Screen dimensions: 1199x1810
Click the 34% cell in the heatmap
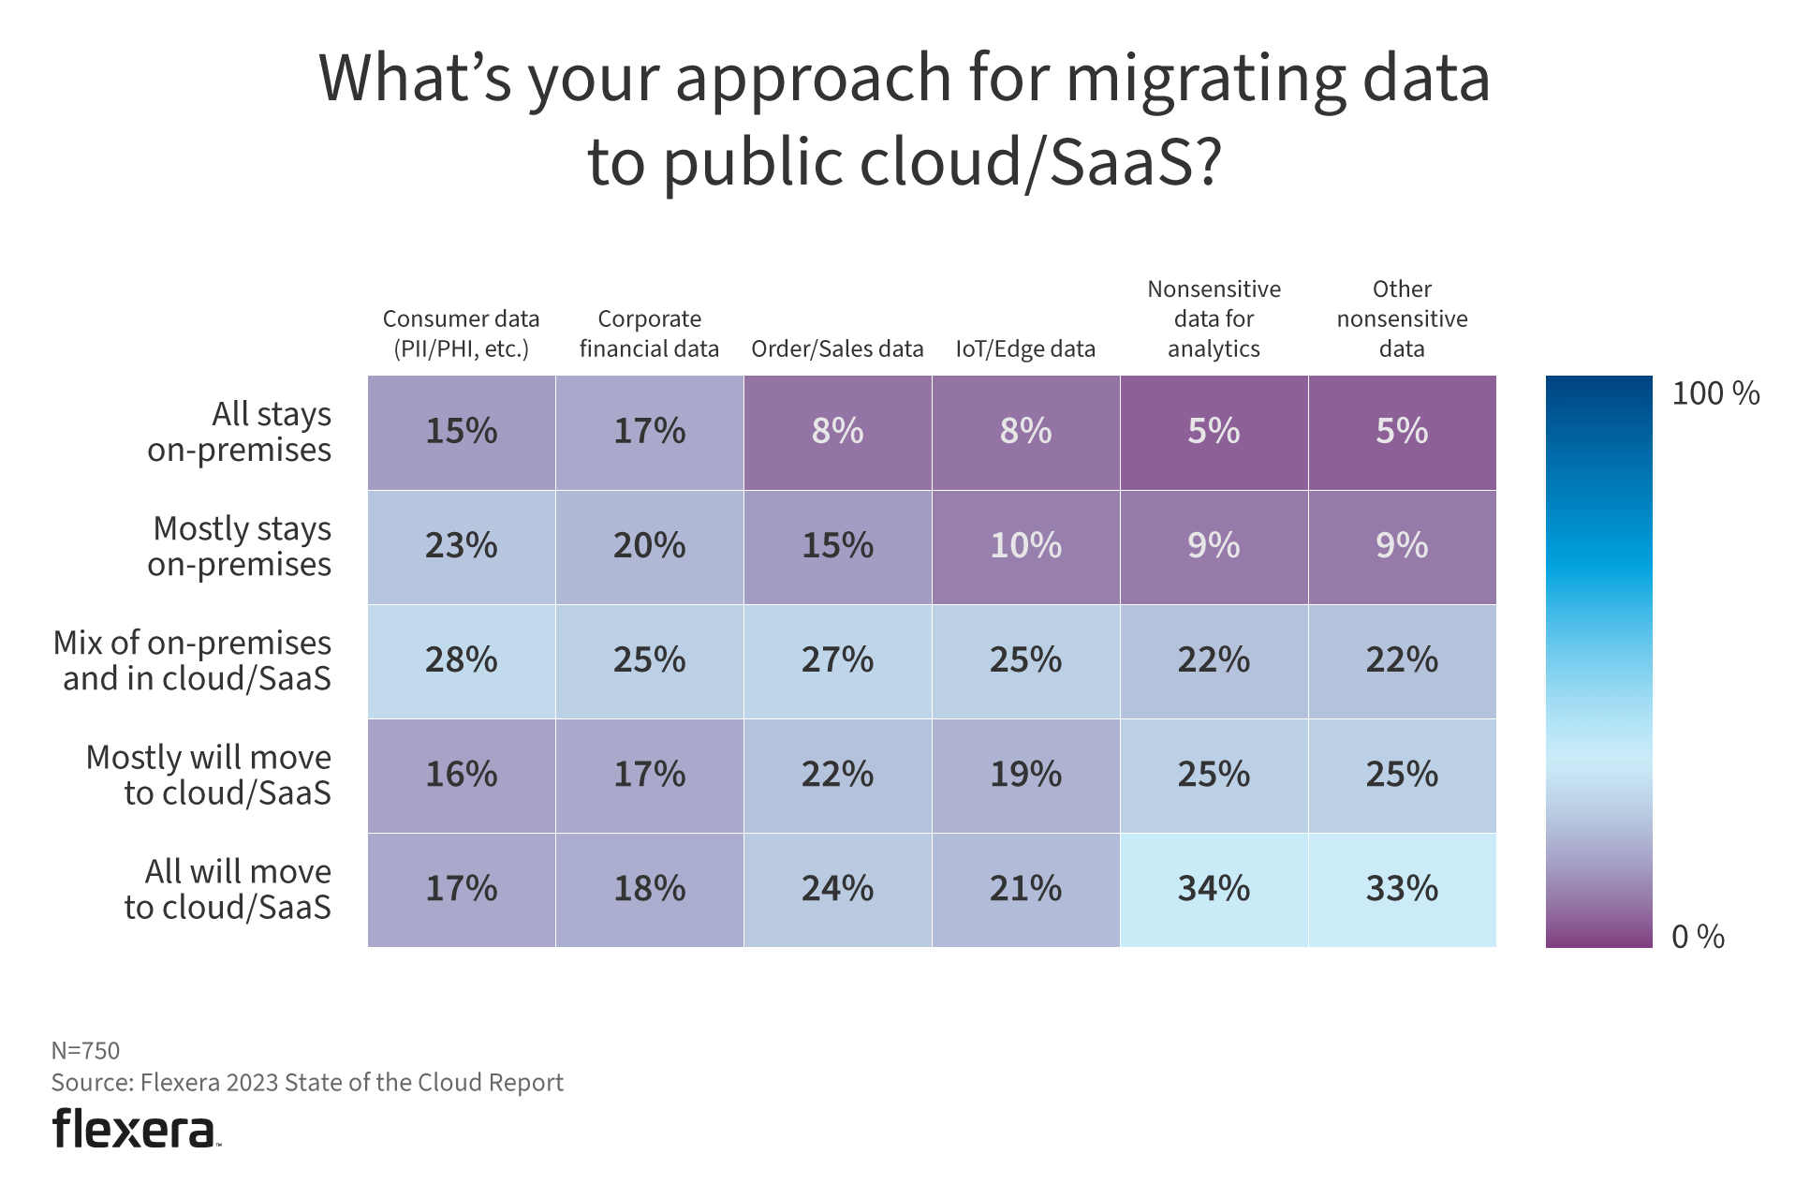[x=1214, y=889]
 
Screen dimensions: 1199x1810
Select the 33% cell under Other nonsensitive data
[x=1402, y=889]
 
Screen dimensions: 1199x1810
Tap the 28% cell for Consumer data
[x=461, y=660]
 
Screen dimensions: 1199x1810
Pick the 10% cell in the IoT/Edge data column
[x=1025, y=546]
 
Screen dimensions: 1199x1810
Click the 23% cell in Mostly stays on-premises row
[x=461, y=546]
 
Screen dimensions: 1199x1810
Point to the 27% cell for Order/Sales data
[x=837, y=660]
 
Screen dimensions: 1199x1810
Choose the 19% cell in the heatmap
[x=1025, y=775]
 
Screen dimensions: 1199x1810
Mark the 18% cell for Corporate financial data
[x=649, y=889]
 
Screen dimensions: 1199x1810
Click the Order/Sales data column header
[x=837, y=349]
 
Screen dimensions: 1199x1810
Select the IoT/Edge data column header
[x=1025, y=349]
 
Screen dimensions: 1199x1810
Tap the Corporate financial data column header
[x=649, y=333]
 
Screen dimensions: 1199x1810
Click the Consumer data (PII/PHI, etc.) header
[x=461, y=333]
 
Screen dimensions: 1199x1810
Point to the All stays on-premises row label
[x=240, y=432]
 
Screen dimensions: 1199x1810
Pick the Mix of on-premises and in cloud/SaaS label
[x=193, y=660]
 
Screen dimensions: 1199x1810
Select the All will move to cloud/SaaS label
[x=228, y=889]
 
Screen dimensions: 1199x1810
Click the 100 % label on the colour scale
[x=1715, y=393]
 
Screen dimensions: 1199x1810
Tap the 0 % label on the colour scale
[x=1698, y=937]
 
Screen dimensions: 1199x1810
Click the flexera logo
[x=136, y=1129]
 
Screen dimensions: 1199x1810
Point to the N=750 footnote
[x=85, y=1050]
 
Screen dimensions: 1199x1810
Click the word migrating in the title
[x=1205, y=79]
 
